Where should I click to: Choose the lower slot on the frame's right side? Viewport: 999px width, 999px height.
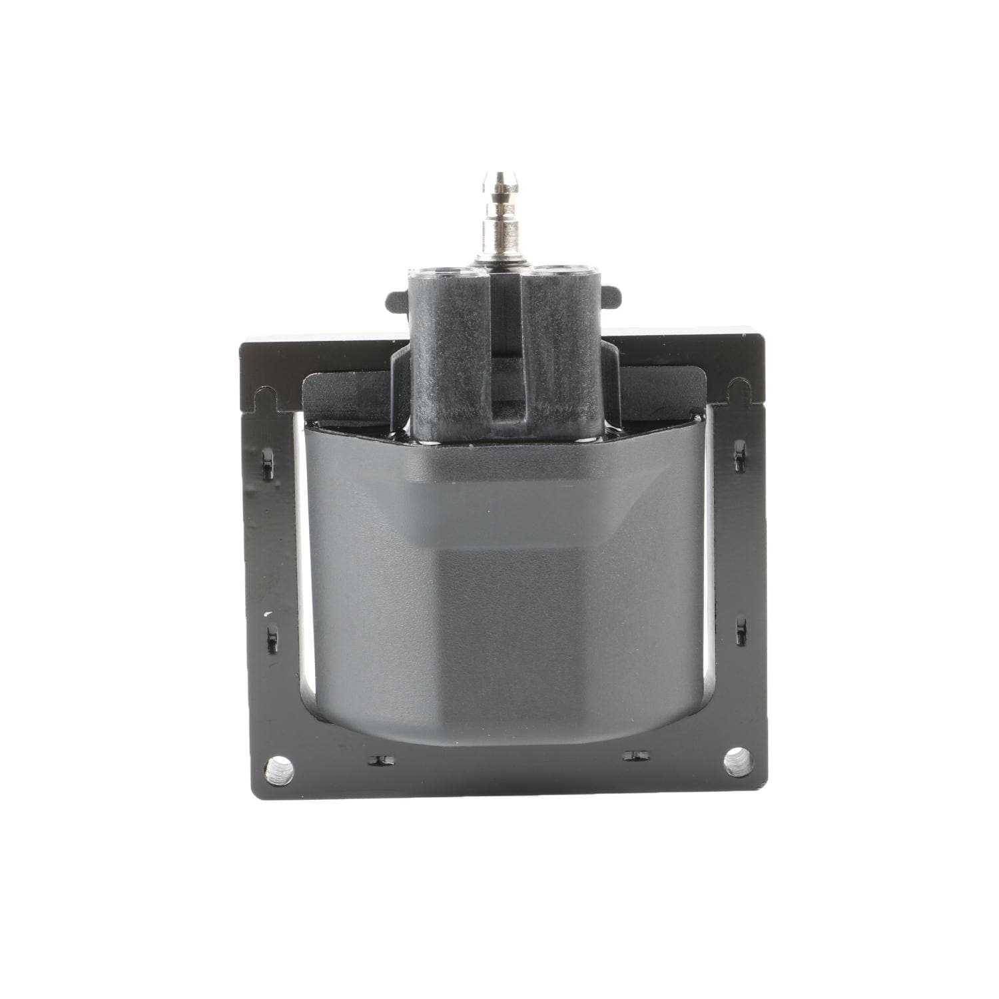(741, 630)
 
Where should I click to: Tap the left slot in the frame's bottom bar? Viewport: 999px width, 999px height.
(380, 759)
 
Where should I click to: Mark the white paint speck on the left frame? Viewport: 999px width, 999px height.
(268, 613)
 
